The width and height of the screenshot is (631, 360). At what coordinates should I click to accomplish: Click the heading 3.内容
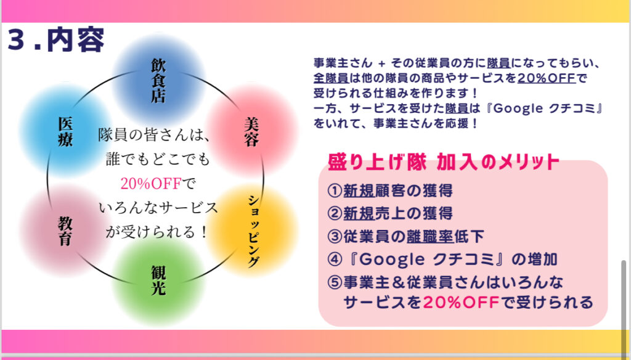[56, 40]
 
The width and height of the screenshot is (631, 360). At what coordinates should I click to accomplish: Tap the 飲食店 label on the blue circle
[158, 81]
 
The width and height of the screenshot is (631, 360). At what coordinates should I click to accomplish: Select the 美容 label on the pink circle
[251, 132]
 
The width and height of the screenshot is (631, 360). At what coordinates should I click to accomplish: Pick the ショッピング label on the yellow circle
[253, 231]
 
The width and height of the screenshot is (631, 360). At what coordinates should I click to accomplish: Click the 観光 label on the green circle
[158, 280]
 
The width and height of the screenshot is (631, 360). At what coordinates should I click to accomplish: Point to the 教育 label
[65, 231]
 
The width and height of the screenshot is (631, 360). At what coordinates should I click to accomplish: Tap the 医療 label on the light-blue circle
[65, 132]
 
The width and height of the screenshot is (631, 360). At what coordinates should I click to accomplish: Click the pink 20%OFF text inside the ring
[151, 184]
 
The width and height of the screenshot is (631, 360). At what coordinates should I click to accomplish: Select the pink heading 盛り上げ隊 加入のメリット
[444, 162]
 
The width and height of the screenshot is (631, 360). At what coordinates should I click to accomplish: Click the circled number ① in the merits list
[335, 190]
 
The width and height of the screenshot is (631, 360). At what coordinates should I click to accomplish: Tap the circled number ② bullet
[335, 213]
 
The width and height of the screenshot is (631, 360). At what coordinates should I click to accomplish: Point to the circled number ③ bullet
[335, 236]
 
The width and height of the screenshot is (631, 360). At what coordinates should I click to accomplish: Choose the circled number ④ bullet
[335, 260]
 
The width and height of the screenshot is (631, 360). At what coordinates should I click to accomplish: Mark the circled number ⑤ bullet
[335, 282]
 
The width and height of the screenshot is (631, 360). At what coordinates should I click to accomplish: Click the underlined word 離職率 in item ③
[430, 236]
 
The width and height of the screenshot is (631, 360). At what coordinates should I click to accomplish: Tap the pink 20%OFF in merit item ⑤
[461, 302]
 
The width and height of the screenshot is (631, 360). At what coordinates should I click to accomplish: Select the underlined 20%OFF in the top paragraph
[547, 78]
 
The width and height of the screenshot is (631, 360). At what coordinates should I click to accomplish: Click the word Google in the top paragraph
[518, 108]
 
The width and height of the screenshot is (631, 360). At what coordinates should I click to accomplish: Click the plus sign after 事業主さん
[381, 63]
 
